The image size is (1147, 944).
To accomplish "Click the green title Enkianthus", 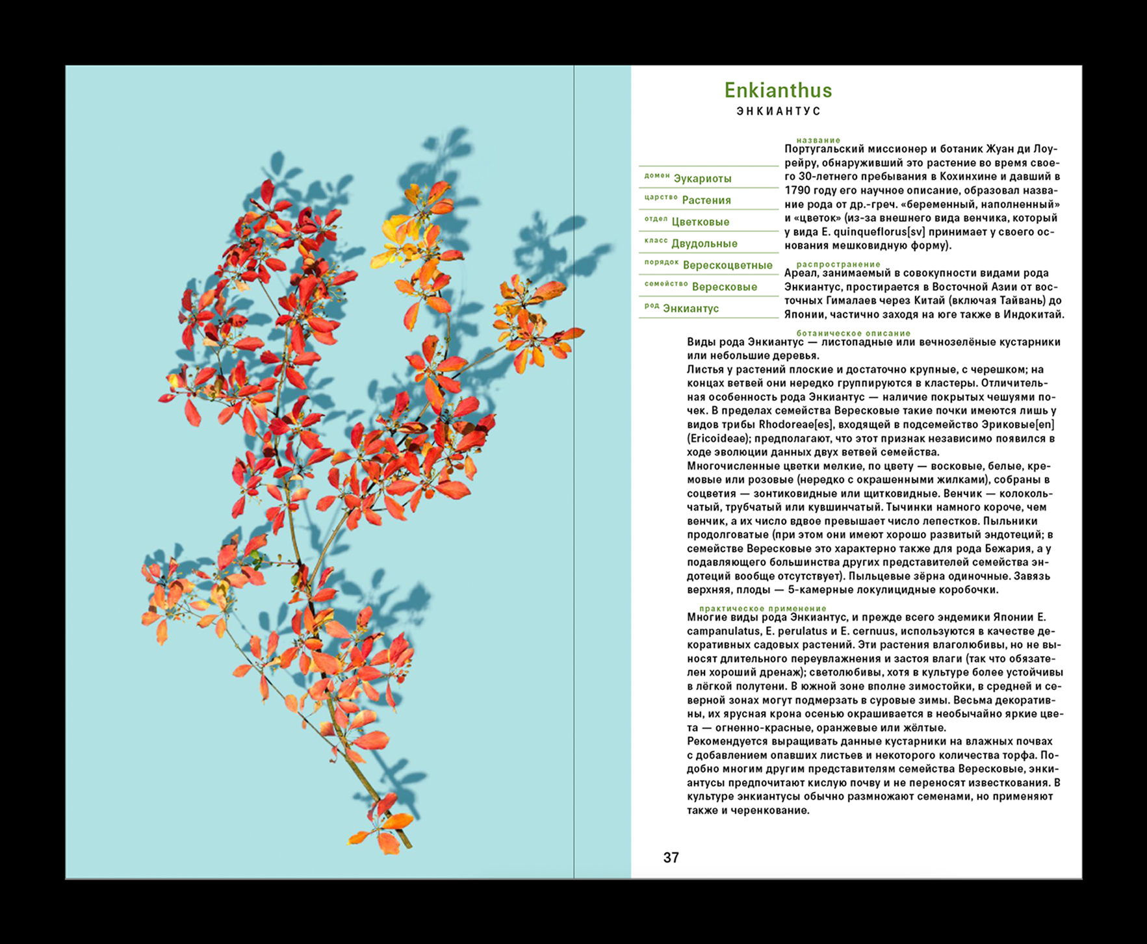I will (778, 90).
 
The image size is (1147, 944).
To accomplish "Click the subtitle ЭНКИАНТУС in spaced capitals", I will (779, 111).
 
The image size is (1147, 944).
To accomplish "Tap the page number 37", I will (671, 858).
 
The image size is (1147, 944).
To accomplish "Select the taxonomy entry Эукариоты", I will (702, 179).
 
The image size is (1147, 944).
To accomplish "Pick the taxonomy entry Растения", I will (706, 200).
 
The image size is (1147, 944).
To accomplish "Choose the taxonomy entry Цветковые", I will (700, 222).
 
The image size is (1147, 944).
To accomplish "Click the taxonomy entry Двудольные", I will (704, 244).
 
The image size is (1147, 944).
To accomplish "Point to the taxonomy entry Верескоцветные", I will (727, 265).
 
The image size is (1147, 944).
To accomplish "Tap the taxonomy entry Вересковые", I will (724, 287).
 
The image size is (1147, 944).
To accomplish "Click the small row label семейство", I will (665, 284).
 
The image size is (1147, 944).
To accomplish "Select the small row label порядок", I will (661, 262).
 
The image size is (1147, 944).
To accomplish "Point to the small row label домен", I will (656, 175).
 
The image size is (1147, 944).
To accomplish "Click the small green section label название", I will (818, 140).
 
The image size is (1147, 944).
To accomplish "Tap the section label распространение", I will (838, 264).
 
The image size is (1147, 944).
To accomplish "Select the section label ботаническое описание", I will (853, 333).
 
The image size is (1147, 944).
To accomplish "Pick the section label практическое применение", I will (762, 608).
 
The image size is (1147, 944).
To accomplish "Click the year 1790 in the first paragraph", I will (797, 190).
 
